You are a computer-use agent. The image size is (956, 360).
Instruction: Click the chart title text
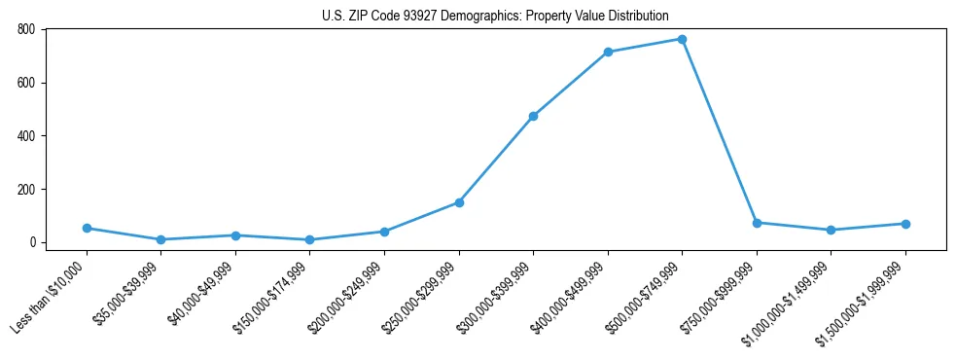495,16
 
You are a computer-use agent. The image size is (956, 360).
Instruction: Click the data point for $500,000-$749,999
682,39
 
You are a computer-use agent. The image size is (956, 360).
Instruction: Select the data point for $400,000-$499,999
608,52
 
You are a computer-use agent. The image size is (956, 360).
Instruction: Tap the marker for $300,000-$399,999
533,116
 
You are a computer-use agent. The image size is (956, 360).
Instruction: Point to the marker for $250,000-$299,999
459,202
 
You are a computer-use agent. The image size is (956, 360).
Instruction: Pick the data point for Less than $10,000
87,228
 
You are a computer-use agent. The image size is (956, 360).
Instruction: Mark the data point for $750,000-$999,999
757,223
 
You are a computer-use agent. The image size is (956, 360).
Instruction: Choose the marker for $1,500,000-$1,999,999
905,224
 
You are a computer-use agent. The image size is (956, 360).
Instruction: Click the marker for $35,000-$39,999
160,239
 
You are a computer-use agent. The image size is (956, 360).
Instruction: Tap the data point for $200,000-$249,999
384,232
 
